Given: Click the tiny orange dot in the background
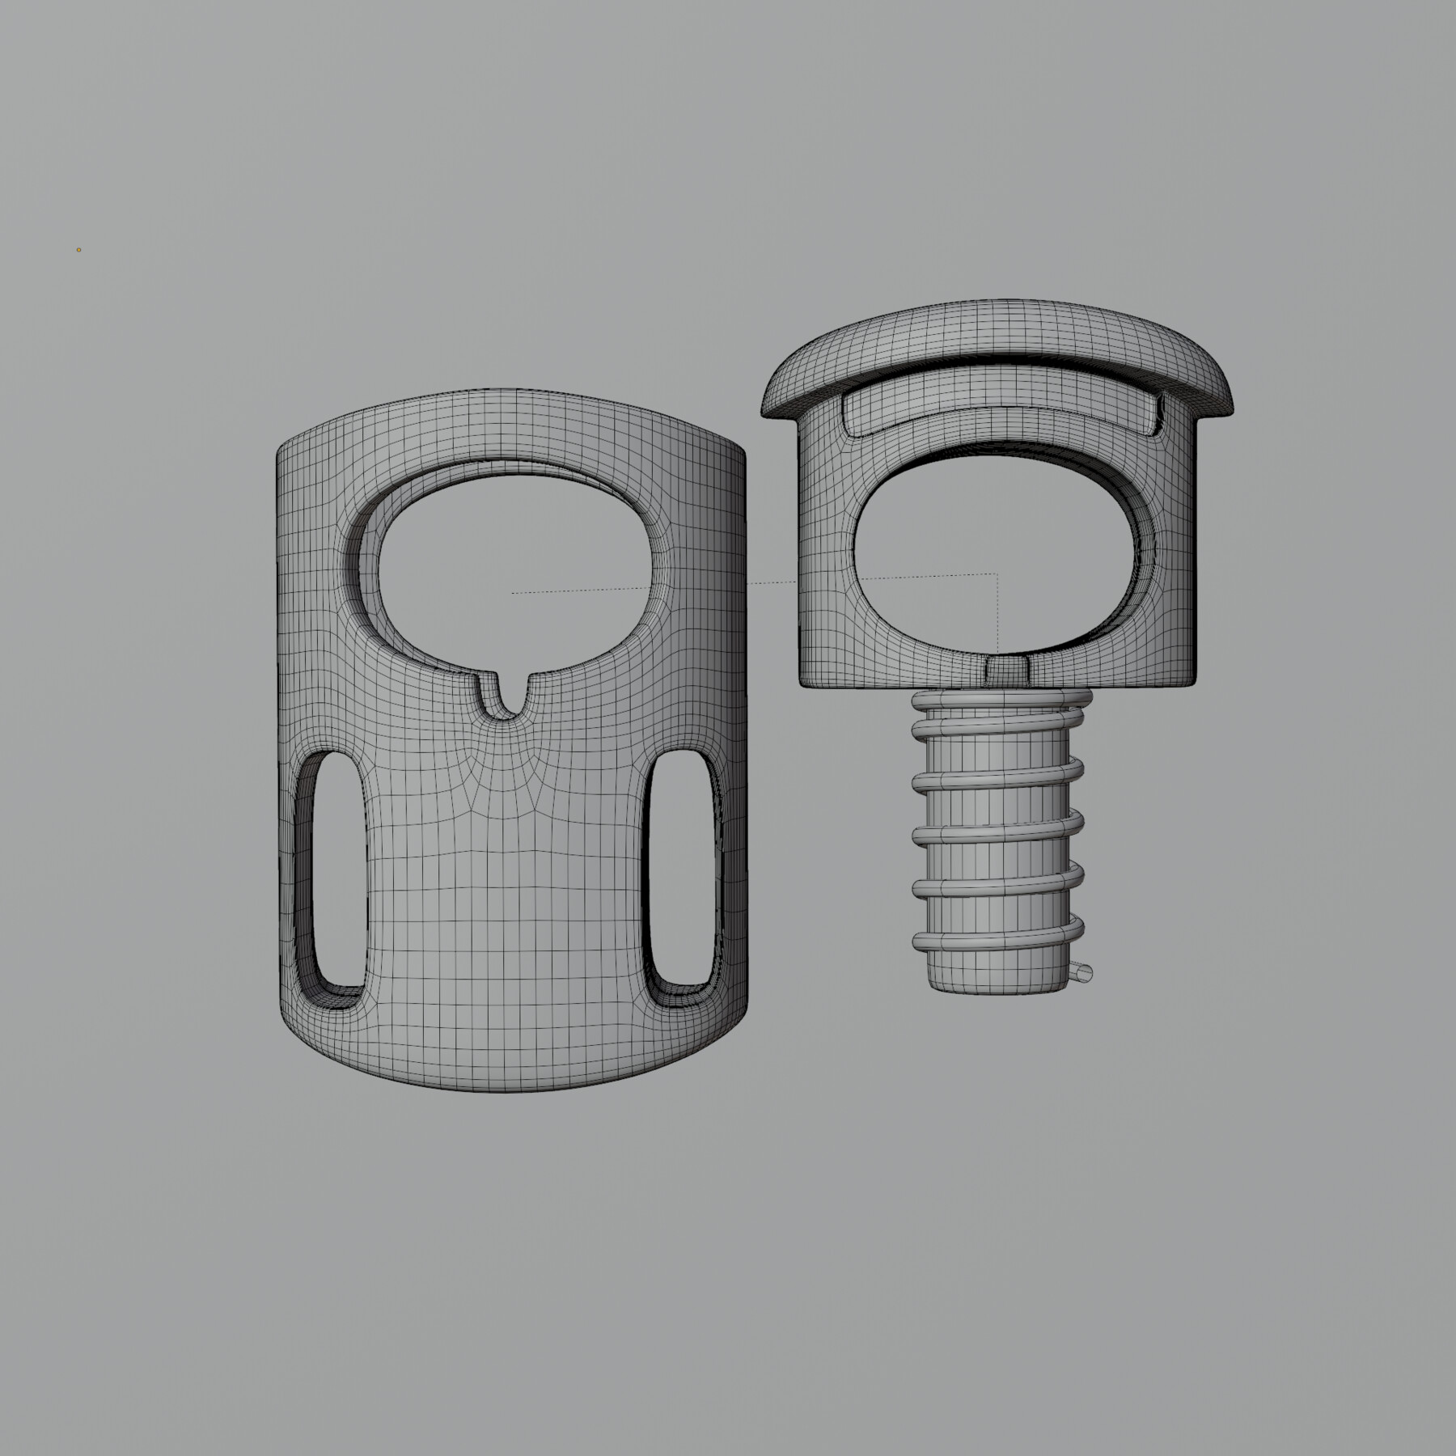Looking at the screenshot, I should pyautogui.click(x=78, y=250).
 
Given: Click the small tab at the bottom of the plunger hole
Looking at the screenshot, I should pyautogui.click(x=1008, y=667).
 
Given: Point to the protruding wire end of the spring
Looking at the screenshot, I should pyautogui.click(x=1084, y=973).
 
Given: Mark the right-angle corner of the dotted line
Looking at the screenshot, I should pyautogui.click(x=997, y=574).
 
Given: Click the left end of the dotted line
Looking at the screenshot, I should pyautogui.click(x=513, y=593).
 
